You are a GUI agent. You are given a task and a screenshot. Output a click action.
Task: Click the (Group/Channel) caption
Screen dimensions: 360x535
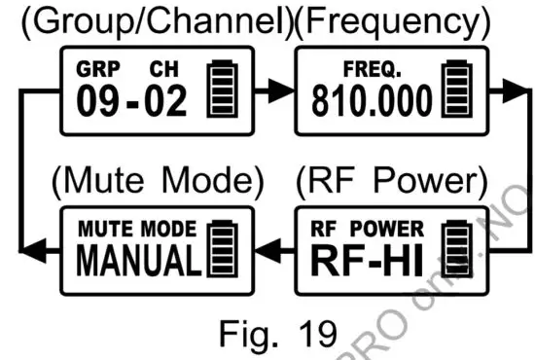point(151,20)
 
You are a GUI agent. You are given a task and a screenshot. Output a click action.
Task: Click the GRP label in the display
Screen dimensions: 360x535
point(92,72)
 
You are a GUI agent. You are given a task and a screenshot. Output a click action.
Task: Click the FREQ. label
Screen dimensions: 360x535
point(368,71)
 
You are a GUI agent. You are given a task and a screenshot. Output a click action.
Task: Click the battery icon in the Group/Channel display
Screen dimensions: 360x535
point(223,91)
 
